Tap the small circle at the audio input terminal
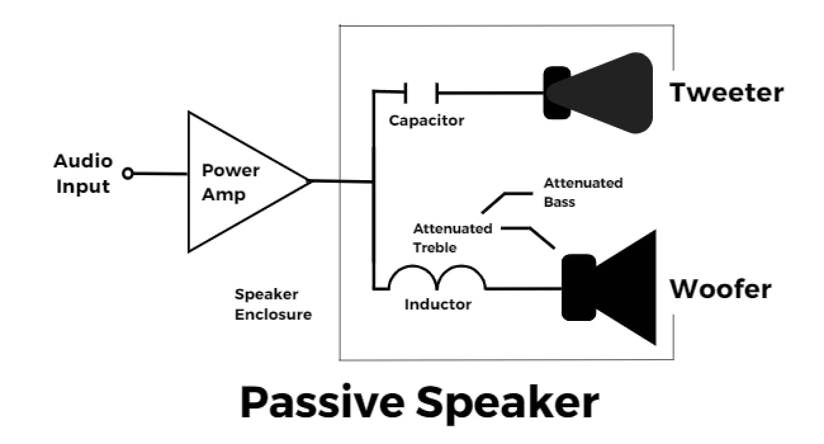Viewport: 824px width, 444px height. click(x=128, y=173)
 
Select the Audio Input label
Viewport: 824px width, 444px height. click(x=82, y=174)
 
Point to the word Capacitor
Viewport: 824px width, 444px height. click(x=427, y=120)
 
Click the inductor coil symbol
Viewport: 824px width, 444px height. click(x=437, y=279)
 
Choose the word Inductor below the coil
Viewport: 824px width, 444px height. click(x=438, y=304)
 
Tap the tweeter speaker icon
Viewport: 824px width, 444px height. click(x=599, y=93)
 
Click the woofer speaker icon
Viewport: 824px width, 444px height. click(x=608, y=287)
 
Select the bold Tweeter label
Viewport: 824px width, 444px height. click(x=727, y=93)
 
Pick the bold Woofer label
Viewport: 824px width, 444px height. click(x=721, y=289)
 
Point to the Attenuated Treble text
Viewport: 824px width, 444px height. click(x=453, y=238)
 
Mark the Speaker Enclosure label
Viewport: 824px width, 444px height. click(x=273, y=304)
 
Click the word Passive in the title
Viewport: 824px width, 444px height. click(x=321, y=402)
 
